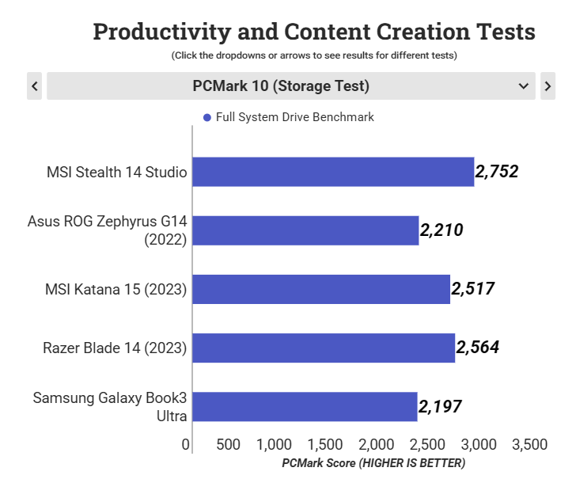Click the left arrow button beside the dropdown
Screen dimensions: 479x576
point(34,86)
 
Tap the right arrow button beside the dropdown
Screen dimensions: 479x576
point(548,86)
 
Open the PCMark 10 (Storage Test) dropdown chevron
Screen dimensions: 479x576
point(523,86)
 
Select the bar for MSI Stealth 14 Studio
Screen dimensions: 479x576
point(333,172)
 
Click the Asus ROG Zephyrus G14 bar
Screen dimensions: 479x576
point(305,230)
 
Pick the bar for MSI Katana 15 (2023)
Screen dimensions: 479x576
point(321,289)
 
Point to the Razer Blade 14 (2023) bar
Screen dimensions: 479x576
point(324,348)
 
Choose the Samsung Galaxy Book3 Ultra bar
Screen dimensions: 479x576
point(305,406)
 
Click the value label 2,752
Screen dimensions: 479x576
point(497,172)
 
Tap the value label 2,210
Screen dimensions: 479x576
point(441,230)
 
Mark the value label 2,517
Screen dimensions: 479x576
point(473,289)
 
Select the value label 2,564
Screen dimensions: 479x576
point(478,348)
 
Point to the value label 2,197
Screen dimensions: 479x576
point(440,407)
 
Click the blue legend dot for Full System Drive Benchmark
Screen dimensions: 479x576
point(207,117)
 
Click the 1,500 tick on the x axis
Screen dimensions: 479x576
point(327,445)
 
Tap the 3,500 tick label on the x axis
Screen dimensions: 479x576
point(529,445)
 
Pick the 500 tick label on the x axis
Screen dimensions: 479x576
point(229,445)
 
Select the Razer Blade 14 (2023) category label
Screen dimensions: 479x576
point(115,348)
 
